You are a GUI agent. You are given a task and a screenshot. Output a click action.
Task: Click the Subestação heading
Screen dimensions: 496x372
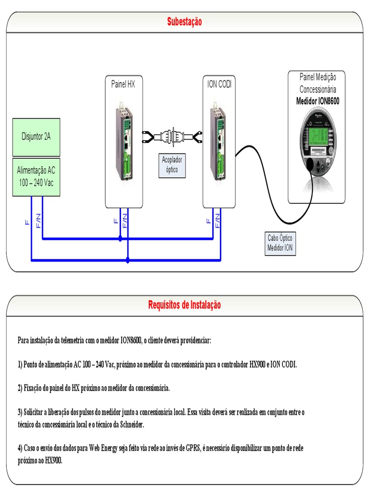point(184,22)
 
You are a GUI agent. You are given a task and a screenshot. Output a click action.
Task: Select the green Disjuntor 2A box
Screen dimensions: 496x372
point(36,137)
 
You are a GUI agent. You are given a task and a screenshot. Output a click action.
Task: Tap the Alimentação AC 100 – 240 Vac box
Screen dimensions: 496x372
point(36,176)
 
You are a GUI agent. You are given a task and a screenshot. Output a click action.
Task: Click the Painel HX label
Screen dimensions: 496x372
point(124,84)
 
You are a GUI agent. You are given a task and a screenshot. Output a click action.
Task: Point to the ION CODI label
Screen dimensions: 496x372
point(217,84)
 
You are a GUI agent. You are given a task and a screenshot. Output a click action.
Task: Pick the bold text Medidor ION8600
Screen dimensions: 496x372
point(318,101)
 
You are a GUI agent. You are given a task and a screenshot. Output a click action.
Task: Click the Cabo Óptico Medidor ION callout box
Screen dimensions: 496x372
point(280,243)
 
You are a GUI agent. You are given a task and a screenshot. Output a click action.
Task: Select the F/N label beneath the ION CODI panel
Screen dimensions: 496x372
point(218,220)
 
